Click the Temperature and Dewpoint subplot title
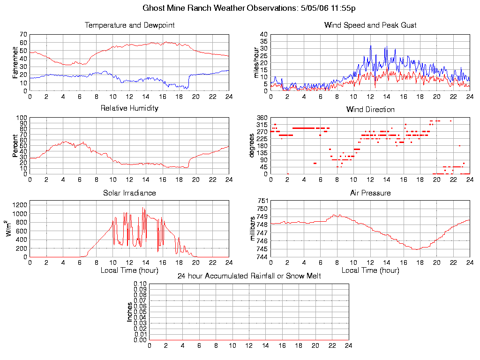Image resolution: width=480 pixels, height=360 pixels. click(x=129, y=25)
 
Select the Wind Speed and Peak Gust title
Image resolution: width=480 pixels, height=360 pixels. click(x=370, y=25)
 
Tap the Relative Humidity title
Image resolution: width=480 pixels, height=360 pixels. click(x=129, y=108)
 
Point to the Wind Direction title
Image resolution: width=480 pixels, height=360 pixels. click(x=370, y=109)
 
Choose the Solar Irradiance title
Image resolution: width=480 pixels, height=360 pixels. click(x=129, y=193)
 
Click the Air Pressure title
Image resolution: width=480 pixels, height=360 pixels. click(x=370, y=193)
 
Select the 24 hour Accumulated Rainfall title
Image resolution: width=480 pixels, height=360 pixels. click(x=249, y=276)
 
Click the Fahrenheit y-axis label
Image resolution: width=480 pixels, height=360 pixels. click(x=15, y=62)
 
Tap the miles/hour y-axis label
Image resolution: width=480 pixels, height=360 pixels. click(x=256, y=62)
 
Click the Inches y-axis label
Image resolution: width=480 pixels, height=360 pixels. click(x=130, y=312)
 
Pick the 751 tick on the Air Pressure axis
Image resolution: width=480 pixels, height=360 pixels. click(x=262, y=201)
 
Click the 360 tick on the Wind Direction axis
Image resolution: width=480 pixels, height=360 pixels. click(x=262, y=118)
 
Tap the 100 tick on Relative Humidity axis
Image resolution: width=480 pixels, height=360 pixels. click(x=22, y=118)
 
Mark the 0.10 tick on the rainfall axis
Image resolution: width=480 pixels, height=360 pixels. click(x=140, y=284)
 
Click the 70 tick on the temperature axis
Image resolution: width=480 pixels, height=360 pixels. click(x=23, y=35)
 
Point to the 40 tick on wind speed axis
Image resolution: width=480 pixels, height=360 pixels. click(x=263, y=35)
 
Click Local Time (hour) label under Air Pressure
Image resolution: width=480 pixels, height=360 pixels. click(x=370, y=270)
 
